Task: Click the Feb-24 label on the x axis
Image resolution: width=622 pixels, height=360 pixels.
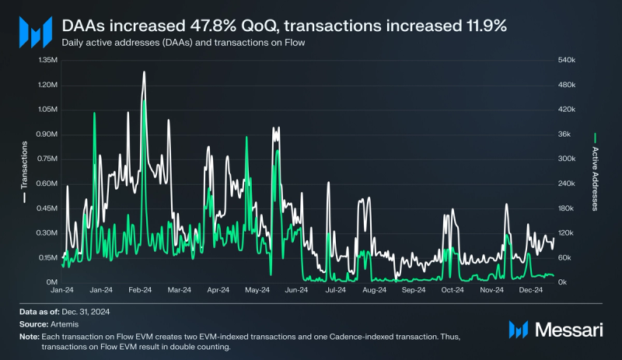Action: (140, 290)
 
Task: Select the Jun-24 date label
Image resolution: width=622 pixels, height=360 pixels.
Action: (296, 290)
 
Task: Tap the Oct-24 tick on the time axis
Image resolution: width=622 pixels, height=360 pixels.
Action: (453, 290)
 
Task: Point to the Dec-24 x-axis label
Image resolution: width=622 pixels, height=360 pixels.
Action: (531, 290)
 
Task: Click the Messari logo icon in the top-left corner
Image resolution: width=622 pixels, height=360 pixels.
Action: (34, 33)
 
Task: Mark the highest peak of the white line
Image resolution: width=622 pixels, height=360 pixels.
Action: (144, 72)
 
